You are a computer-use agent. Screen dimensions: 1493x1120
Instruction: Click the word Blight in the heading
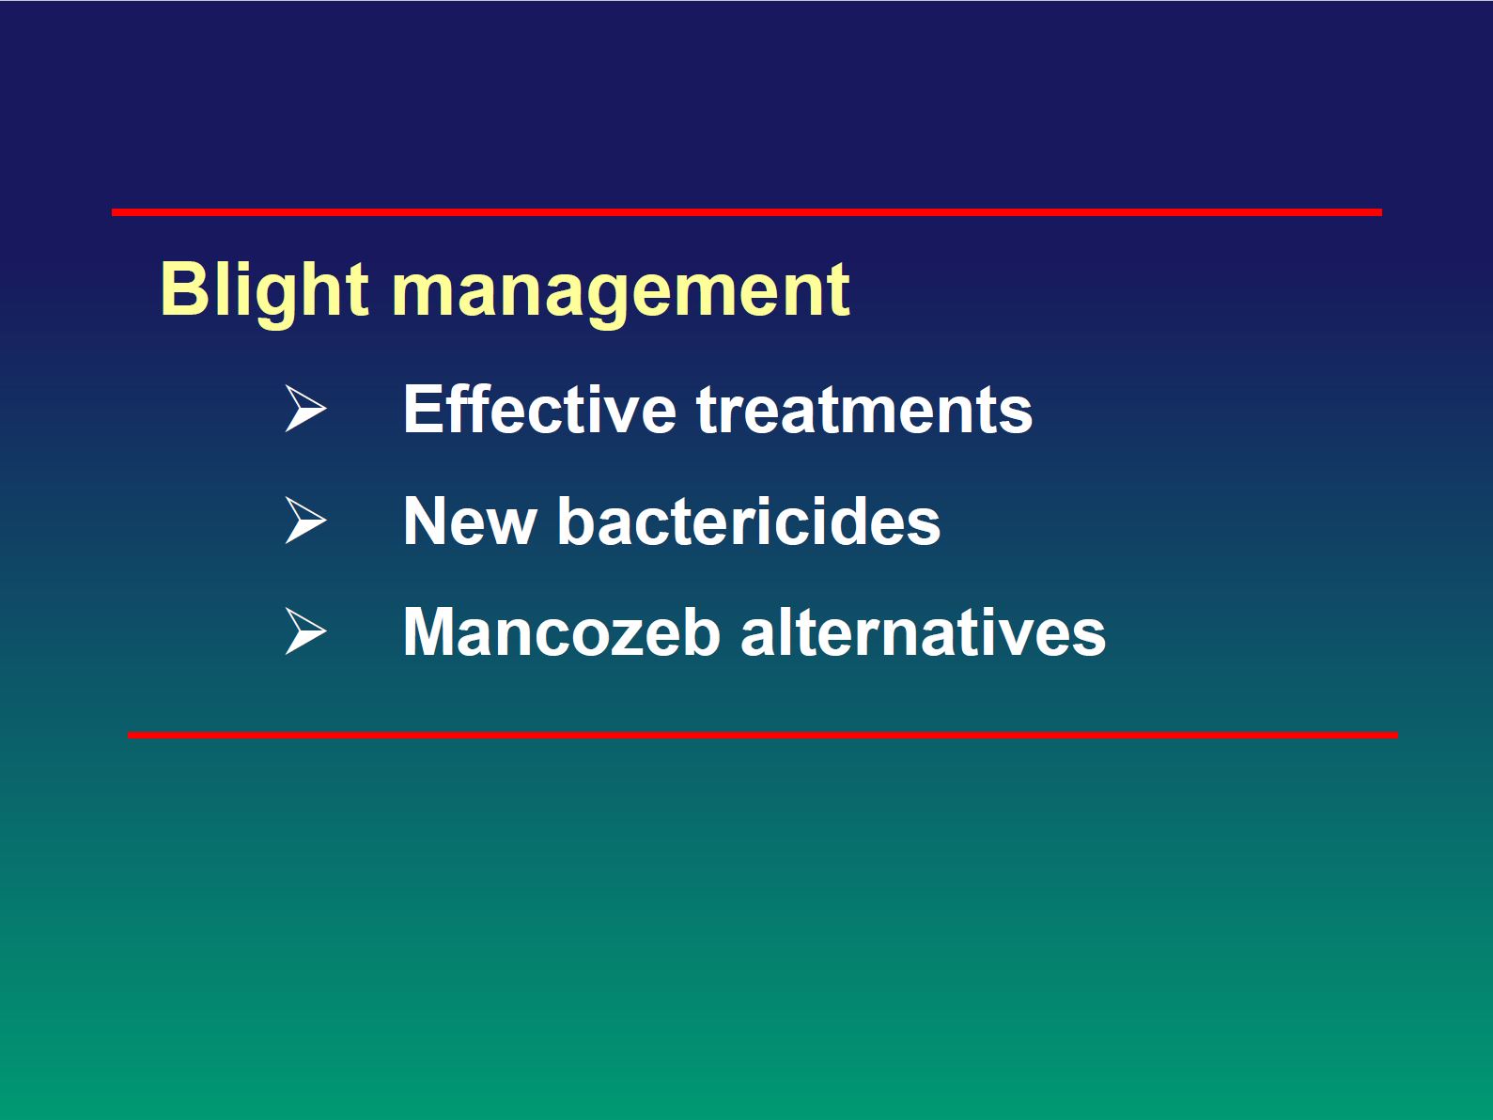coord(264,292)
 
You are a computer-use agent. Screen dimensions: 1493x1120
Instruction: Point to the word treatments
coord(863,410)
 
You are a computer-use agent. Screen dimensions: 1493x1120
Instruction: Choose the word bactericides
coord(749,520)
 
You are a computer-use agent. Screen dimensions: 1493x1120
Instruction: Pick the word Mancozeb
coord(562,631)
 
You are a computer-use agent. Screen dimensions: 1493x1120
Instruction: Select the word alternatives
coord(923,631)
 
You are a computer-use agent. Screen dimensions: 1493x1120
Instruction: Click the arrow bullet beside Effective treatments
coord(305,408)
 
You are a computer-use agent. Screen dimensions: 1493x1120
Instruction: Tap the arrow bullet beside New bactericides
coord(305,521)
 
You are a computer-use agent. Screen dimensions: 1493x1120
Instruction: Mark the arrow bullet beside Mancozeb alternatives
coord(305,631)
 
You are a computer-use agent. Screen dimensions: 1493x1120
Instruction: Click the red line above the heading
coord(747,212)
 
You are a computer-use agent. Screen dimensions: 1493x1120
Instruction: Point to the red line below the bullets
coord(763,735)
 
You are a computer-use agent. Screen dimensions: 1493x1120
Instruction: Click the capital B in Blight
coord(183,289)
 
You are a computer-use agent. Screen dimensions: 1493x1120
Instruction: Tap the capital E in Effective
coord(423,409)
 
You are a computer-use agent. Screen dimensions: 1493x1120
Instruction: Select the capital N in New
coord(426,521)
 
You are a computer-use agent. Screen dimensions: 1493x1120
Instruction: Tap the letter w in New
coord(510,527)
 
